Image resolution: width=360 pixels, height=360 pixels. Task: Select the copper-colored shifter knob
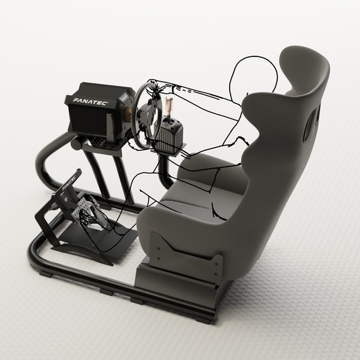pos(169,105)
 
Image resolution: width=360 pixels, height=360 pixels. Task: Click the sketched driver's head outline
pos(253,77)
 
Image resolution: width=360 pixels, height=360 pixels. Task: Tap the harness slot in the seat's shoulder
pos(309,124)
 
